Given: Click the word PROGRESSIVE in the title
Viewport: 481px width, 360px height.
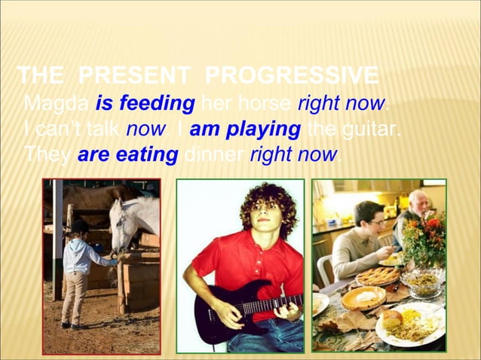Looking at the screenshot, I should point(291,75).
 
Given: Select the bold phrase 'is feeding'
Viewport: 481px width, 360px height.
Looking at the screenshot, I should point(146,102).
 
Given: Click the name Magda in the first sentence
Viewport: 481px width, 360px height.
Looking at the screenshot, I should point(57,102).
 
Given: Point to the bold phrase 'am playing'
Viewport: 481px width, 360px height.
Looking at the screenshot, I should point(245,130).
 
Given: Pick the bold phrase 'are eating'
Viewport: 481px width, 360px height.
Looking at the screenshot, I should point(127,156).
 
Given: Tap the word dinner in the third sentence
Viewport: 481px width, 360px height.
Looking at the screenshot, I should point(214,156).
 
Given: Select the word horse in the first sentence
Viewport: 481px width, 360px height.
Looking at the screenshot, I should point(265,102).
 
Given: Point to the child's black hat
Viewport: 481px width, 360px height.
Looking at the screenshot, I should point(78,225).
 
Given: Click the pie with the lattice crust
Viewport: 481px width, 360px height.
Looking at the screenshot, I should point(377,276).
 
